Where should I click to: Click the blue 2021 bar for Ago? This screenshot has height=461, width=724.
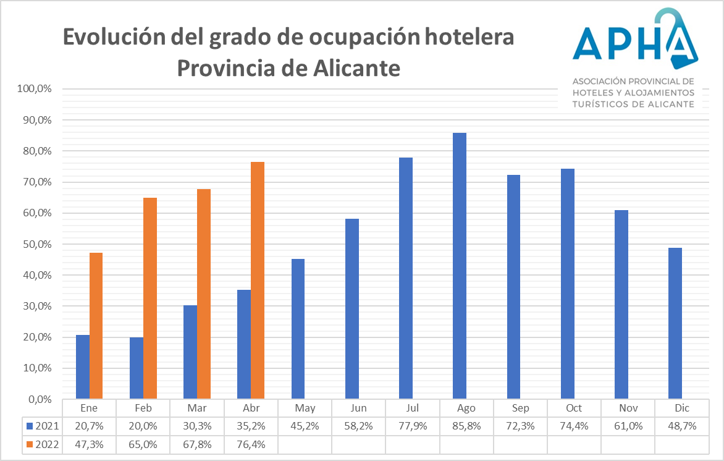click(460, 266)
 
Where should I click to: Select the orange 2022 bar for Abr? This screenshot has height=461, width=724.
click(258, 281)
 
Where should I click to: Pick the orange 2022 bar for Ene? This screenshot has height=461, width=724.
click(96, 326)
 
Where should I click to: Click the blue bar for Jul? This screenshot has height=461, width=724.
click(406, 278)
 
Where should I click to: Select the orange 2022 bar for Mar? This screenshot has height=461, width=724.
click(204, 294)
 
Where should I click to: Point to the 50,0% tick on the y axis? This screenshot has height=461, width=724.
click(36, 244)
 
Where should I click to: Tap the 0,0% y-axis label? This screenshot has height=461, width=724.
click(40, 399)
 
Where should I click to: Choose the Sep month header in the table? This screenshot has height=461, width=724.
click(520, 408)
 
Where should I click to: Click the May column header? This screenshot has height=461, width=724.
click(305, 408)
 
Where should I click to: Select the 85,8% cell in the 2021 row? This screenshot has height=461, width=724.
click(466, 426)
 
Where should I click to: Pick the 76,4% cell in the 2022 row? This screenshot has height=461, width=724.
click(251, 444)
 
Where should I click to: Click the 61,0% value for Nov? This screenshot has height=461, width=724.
click(628, 426)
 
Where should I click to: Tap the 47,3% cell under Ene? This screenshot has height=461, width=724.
click(90, 444)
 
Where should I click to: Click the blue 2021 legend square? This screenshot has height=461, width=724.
click(29, 426)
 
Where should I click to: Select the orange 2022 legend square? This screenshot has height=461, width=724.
click(29, 444)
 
